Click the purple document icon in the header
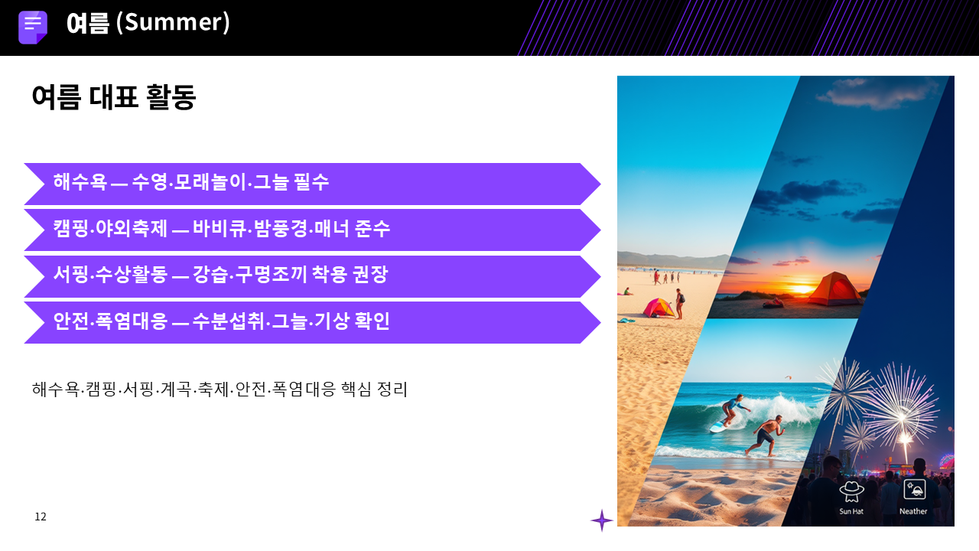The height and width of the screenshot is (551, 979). (33, 27)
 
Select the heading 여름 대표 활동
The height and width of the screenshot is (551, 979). (114, 96)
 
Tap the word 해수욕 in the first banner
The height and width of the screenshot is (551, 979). (80, 181)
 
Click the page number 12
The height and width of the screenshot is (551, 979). (41, 517)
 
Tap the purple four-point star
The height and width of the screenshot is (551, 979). (602, 520)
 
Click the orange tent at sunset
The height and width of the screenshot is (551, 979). (834, 289)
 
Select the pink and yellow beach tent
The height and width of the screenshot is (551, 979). (659, 308)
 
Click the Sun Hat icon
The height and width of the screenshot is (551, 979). (851, 491)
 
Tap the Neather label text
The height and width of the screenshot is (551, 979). (913, 511)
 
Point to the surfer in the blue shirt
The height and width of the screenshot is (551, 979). (733, 409)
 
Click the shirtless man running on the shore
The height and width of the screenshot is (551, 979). (764, 435)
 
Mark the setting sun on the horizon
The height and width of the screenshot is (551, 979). (802, 289)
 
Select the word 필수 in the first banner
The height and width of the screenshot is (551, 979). (311, 181)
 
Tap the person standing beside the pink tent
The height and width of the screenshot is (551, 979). (680, 304)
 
